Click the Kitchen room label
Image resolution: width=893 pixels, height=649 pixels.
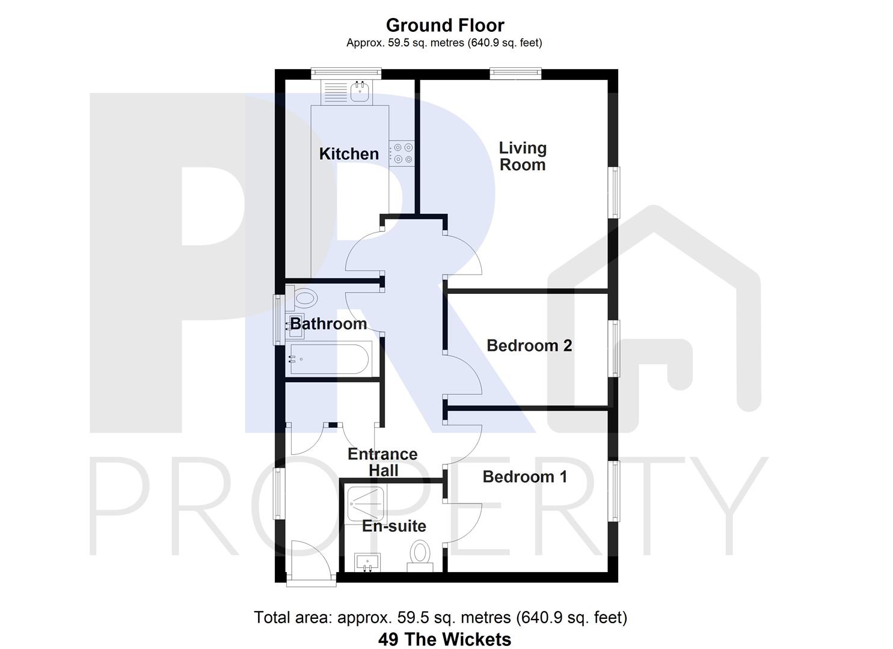point(349,154)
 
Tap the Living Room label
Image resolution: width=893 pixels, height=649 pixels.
point(523,156)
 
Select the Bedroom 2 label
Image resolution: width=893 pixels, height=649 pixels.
point(529,346)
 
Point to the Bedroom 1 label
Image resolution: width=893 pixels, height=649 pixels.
point(524,477)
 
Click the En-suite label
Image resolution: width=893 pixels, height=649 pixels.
point(394,526)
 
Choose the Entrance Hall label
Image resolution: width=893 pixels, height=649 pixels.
point(382,462)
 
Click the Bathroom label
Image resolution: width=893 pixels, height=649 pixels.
point(328,324)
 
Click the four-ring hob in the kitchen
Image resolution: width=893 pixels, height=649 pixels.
point(401,153)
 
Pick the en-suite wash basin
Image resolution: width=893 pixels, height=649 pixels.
point(366,562)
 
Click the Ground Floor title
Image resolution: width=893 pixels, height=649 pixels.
point(445,25)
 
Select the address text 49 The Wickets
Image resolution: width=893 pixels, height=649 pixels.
point(444,639)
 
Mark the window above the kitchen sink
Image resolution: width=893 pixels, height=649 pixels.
point(346,73)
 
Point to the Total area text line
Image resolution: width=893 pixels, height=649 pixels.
point(440,617)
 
